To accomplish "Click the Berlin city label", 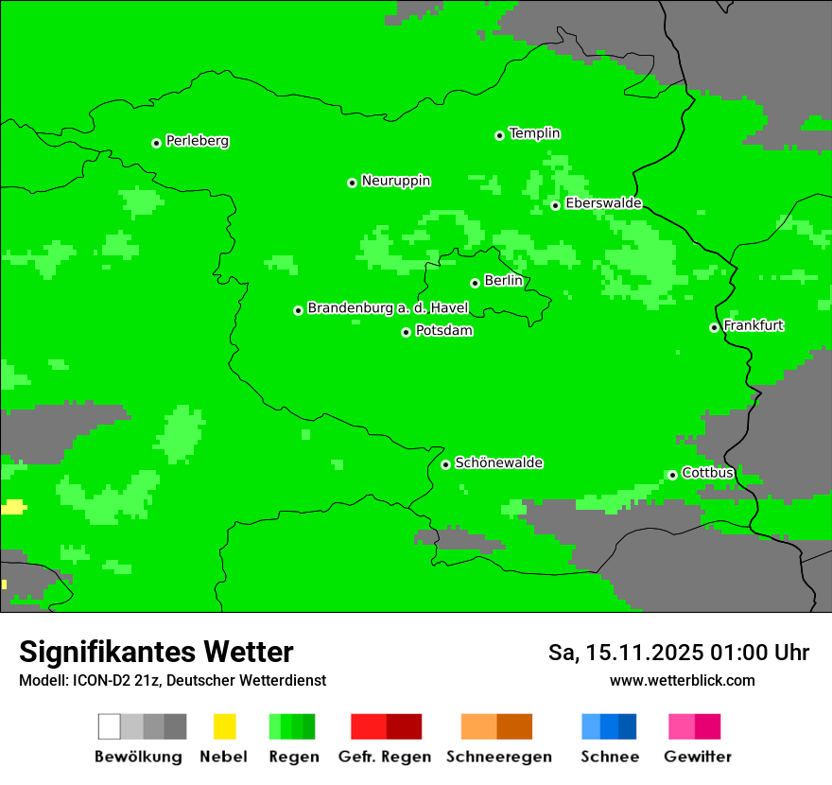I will click(503, 281).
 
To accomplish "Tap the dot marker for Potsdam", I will click(407, 332).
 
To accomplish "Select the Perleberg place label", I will click(197, 141).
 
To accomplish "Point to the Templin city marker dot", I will click(499, 135).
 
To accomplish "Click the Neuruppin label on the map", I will click(395, 181).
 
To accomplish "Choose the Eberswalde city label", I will click(603, 203).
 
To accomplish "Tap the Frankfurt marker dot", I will click(714, 328).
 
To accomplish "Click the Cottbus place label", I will click(707, 473).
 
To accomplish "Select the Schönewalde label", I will click(498, 462).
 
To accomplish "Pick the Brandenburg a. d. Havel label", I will click(388, 308).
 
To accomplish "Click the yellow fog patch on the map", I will click(12, 507).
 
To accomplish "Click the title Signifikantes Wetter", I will click(156, 652).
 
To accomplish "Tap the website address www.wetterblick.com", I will click(682, 680).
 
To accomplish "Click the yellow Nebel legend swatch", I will click(224, 726).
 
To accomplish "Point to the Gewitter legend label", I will click(697, 757).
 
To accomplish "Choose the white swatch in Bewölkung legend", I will click(110, 726).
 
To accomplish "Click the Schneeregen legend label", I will click(498, 757).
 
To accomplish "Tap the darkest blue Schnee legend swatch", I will click(627, 726).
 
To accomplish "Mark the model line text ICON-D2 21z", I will click(103, 680).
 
